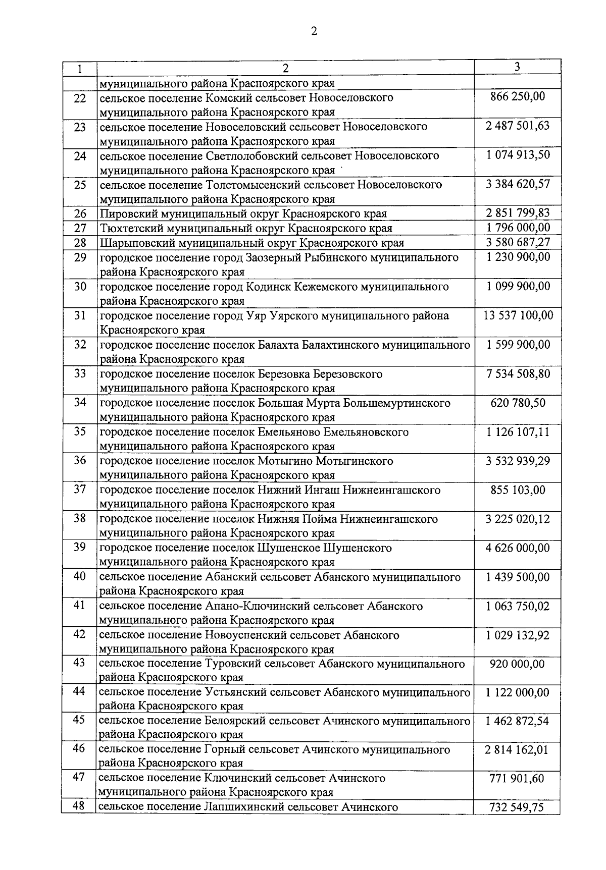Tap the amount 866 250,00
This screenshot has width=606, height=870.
[518, 96]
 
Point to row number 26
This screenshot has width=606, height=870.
[80, 213]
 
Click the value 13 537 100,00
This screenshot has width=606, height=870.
[518, 315]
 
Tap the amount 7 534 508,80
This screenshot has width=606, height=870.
[518, 374]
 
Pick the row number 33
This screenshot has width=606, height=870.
[80, 374]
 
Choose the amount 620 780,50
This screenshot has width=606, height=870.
[518, 403]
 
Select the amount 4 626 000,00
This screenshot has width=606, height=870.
[518, 548]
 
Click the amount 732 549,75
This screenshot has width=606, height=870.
[517, 807]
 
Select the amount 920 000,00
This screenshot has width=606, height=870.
[517, 664]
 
